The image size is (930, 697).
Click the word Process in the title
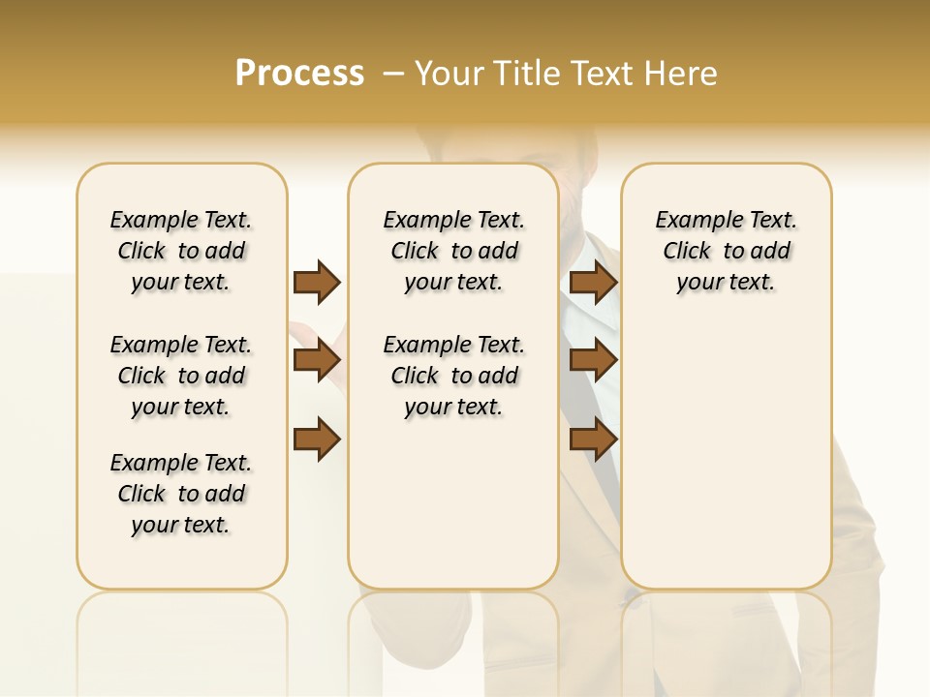(299, 73)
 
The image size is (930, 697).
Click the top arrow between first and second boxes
(317, 283)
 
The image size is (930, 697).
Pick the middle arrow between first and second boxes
(317, 361)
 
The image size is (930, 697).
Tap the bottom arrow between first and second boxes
(317, 439)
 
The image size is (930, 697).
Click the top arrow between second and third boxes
(594, 283)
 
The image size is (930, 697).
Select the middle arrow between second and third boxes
(594, 361)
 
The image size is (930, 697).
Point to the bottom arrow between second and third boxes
(594, 439)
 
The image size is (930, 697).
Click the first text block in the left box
(181, 251)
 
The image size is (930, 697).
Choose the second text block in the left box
(181, 376)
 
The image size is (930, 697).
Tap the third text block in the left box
(181, 494)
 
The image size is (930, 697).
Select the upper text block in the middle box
(453, 251)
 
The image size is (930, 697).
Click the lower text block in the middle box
(453, 376)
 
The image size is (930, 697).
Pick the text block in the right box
(726, 251)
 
